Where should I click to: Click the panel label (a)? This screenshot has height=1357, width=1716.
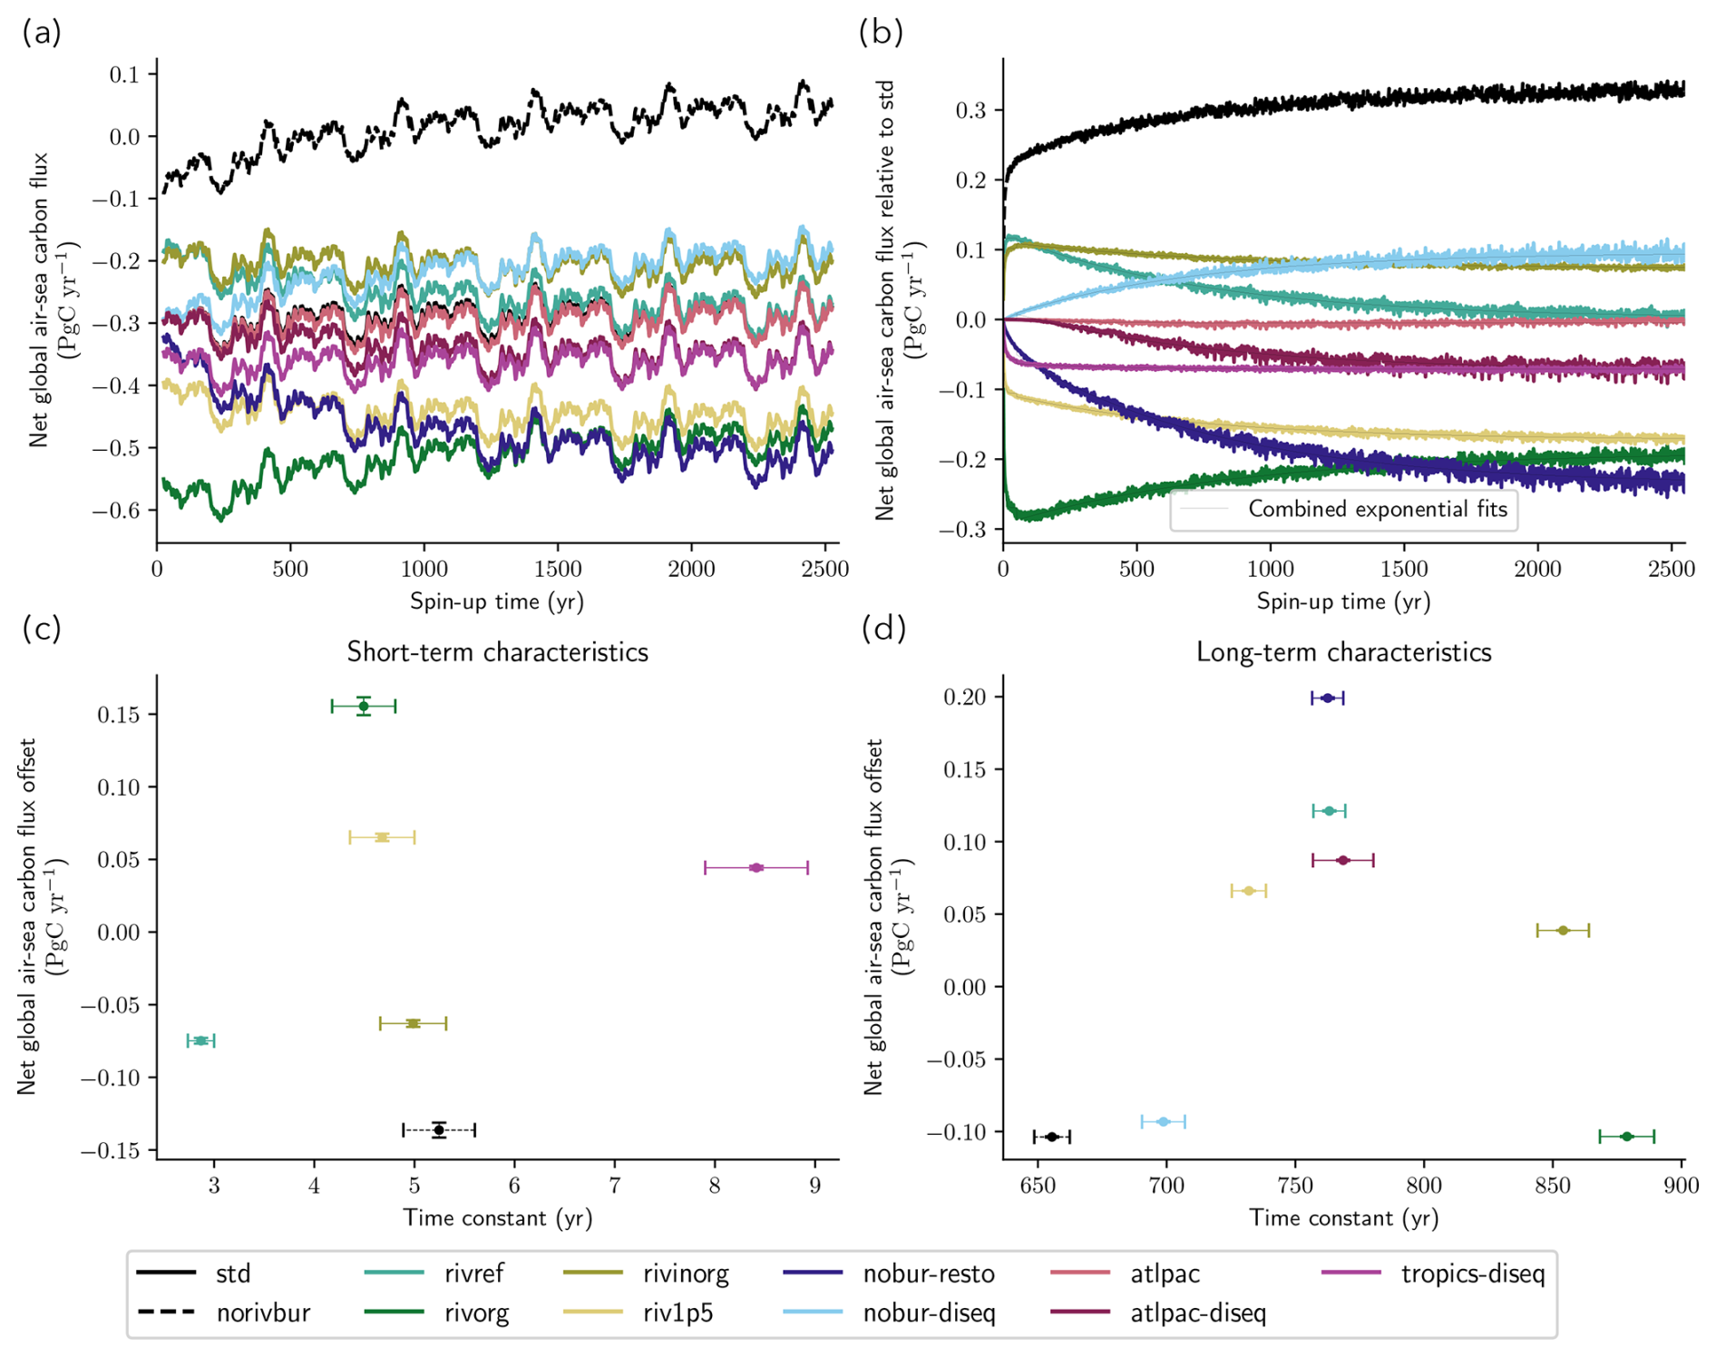click(42, 33)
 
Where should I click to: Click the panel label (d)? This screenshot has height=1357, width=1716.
click(882, 628)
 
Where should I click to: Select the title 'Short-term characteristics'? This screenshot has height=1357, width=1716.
click(497, 652)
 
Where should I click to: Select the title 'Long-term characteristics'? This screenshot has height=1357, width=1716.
click(1343, 652)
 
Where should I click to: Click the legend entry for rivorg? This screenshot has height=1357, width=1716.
click(476, 1313)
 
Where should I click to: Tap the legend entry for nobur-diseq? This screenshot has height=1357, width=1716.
click(929, 1313)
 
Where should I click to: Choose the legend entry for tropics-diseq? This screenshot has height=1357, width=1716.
click(1471, 1274)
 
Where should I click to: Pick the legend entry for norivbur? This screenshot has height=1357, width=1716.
click(263, 1313)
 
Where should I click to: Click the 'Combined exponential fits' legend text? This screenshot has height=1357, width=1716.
click(1377, 509)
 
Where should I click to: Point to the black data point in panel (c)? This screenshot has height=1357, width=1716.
click(439, 1129)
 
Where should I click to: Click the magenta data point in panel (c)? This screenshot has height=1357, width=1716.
click(756, 868)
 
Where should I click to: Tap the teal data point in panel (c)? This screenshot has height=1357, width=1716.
click(201, 1040)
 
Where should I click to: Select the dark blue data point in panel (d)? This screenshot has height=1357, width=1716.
click(1328, 698)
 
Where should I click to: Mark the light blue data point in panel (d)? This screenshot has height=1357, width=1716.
click(1164, 1122)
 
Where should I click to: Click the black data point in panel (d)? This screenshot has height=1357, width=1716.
click(1052, 1137)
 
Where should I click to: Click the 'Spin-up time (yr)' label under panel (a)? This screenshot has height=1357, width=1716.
click(497, 601)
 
